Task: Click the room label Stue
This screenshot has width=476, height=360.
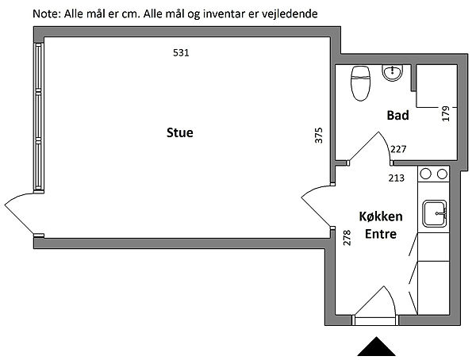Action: [179, 132]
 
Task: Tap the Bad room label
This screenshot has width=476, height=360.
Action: [397, 116]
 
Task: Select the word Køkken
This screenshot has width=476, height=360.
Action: [381, 216]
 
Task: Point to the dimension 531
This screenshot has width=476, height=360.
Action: [182, 52]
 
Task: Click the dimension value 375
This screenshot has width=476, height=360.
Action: [319, 135]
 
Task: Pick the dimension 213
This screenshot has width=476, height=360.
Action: [395, 177]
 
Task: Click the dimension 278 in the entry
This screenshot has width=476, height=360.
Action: [347, 238]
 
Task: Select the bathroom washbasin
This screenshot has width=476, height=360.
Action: [392, 74]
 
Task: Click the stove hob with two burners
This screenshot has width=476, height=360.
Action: [433, 174]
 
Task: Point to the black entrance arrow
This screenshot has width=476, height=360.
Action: [377, 347]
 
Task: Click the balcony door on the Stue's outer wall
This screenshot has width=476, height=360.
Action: [21, 210]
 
